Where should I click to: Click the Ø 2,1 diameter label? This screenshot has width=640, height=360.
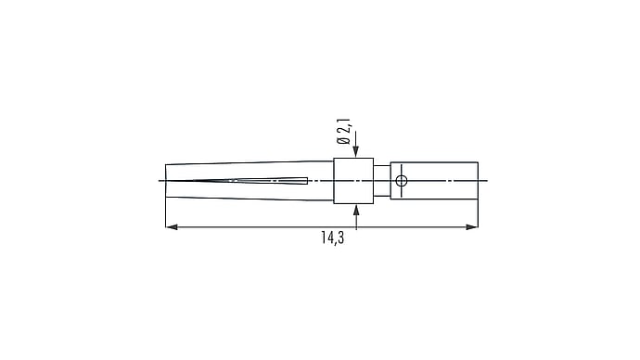point(343,132)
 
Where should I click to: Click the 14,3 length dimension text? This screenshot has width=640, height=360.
point(332,238)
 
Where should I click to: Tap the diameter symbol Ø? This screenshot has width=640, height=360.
point(343,140)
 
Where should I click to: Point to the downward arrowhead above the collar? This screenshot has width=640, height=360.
point(356,152)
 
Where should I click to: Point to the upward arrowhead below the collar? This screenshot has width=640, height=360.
point(356,210)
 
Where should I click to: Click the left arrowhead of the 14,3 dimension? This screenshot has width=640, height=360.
point(172,227)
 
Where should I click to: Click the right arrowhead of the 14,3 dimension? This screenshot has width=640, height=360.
point(472,227)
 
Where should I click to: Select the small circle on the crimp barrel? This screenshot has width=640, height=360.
point(402,180)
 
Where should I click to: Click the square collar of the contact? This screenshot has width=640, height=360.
point(353,181)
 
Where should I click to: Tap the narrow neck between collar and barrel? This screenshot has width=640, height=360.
point(382,181)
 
